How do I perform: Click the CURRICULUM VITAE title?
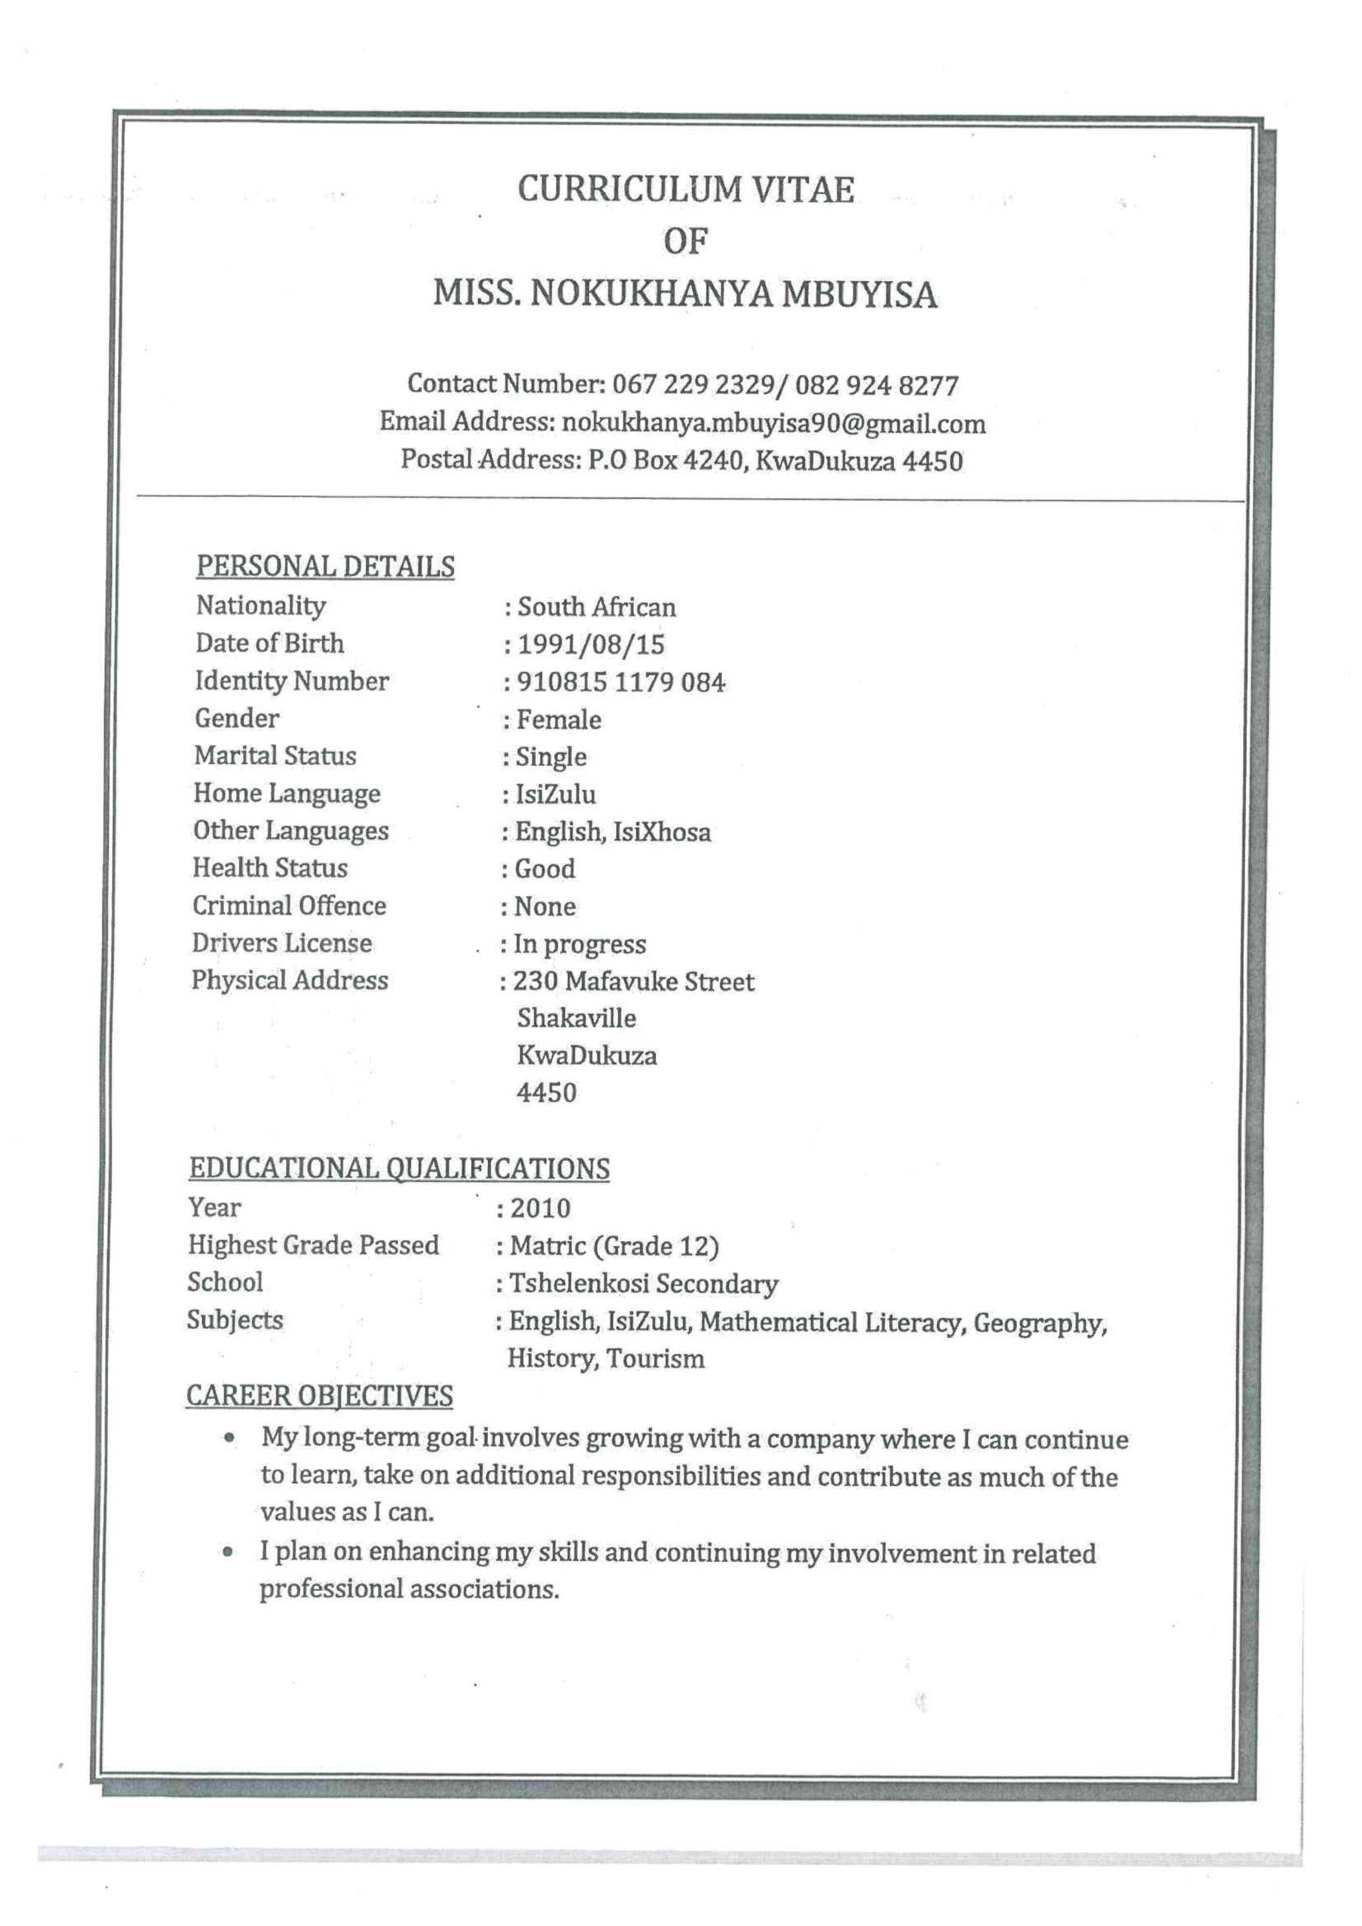click(x=685, y=190)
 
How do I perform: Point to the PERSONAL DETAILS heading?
click(x=326, y=567)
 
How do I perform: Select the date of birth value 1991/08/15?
click(x=591, y=645)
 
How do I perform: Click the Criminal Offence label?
click(x=289, y=906)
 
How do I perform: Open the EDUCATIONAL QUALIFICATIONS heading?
click(x=399, y=1168)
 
